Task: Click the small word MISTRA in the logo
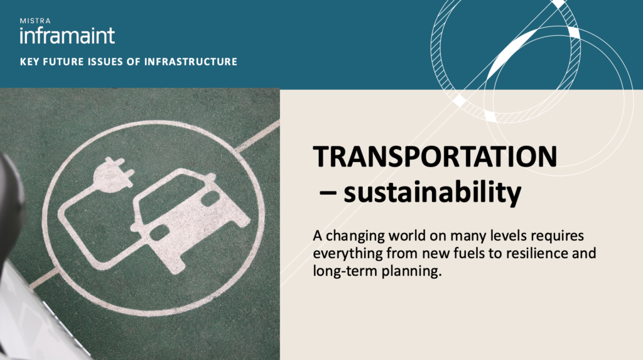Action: tap(35, 21)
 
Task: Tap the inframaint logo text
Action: tap(67, 35)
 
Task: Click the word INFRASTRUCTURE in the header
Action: tap(191, 62)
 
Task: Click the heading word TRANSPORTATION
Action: tap(435, 156)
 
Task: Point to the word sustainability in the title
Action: tap(432, 192)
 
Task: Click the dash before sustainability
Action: tap(328, 193)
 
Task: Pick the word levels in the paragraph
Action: tap(508, 236)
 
